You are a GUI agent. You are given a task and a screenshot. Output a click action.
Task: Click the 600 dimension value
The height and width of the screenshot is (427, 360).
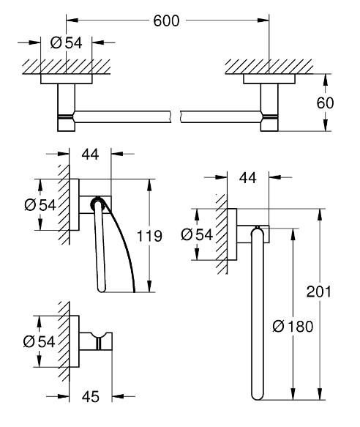[168, 22]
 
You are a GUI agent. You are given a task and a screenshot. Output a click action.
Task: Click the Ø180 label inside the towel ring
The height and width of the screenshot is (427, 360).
[290, 327]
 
